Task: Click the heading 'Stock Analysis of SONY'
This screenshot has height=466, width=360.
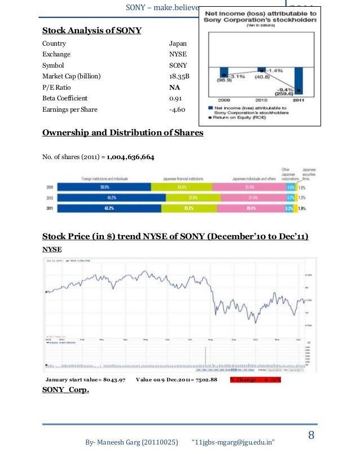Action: pos(93,30)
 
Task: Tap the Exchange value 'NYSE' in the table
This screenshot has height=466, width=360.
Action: pos(178,55)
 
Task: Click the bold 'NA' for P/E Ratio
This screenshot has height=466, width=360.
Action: pos(174,88)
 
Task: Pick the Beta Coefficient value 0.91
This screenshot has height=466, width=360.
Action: pos(175,99)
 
